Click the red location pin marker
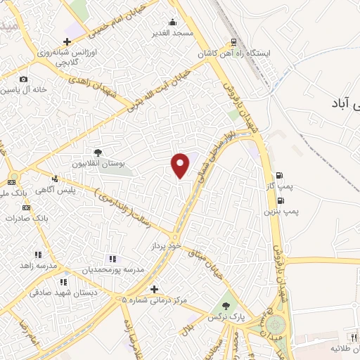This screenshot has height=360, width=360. [x=181, y=165]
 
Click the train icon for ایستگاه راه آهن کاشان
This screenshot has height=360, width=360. [x=235, y=42]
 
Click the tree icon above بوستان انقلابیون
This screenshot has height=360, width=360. [x=98, y=152]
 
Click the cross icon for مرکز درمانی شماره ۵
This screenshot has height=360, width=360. [x=154, y=289]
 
